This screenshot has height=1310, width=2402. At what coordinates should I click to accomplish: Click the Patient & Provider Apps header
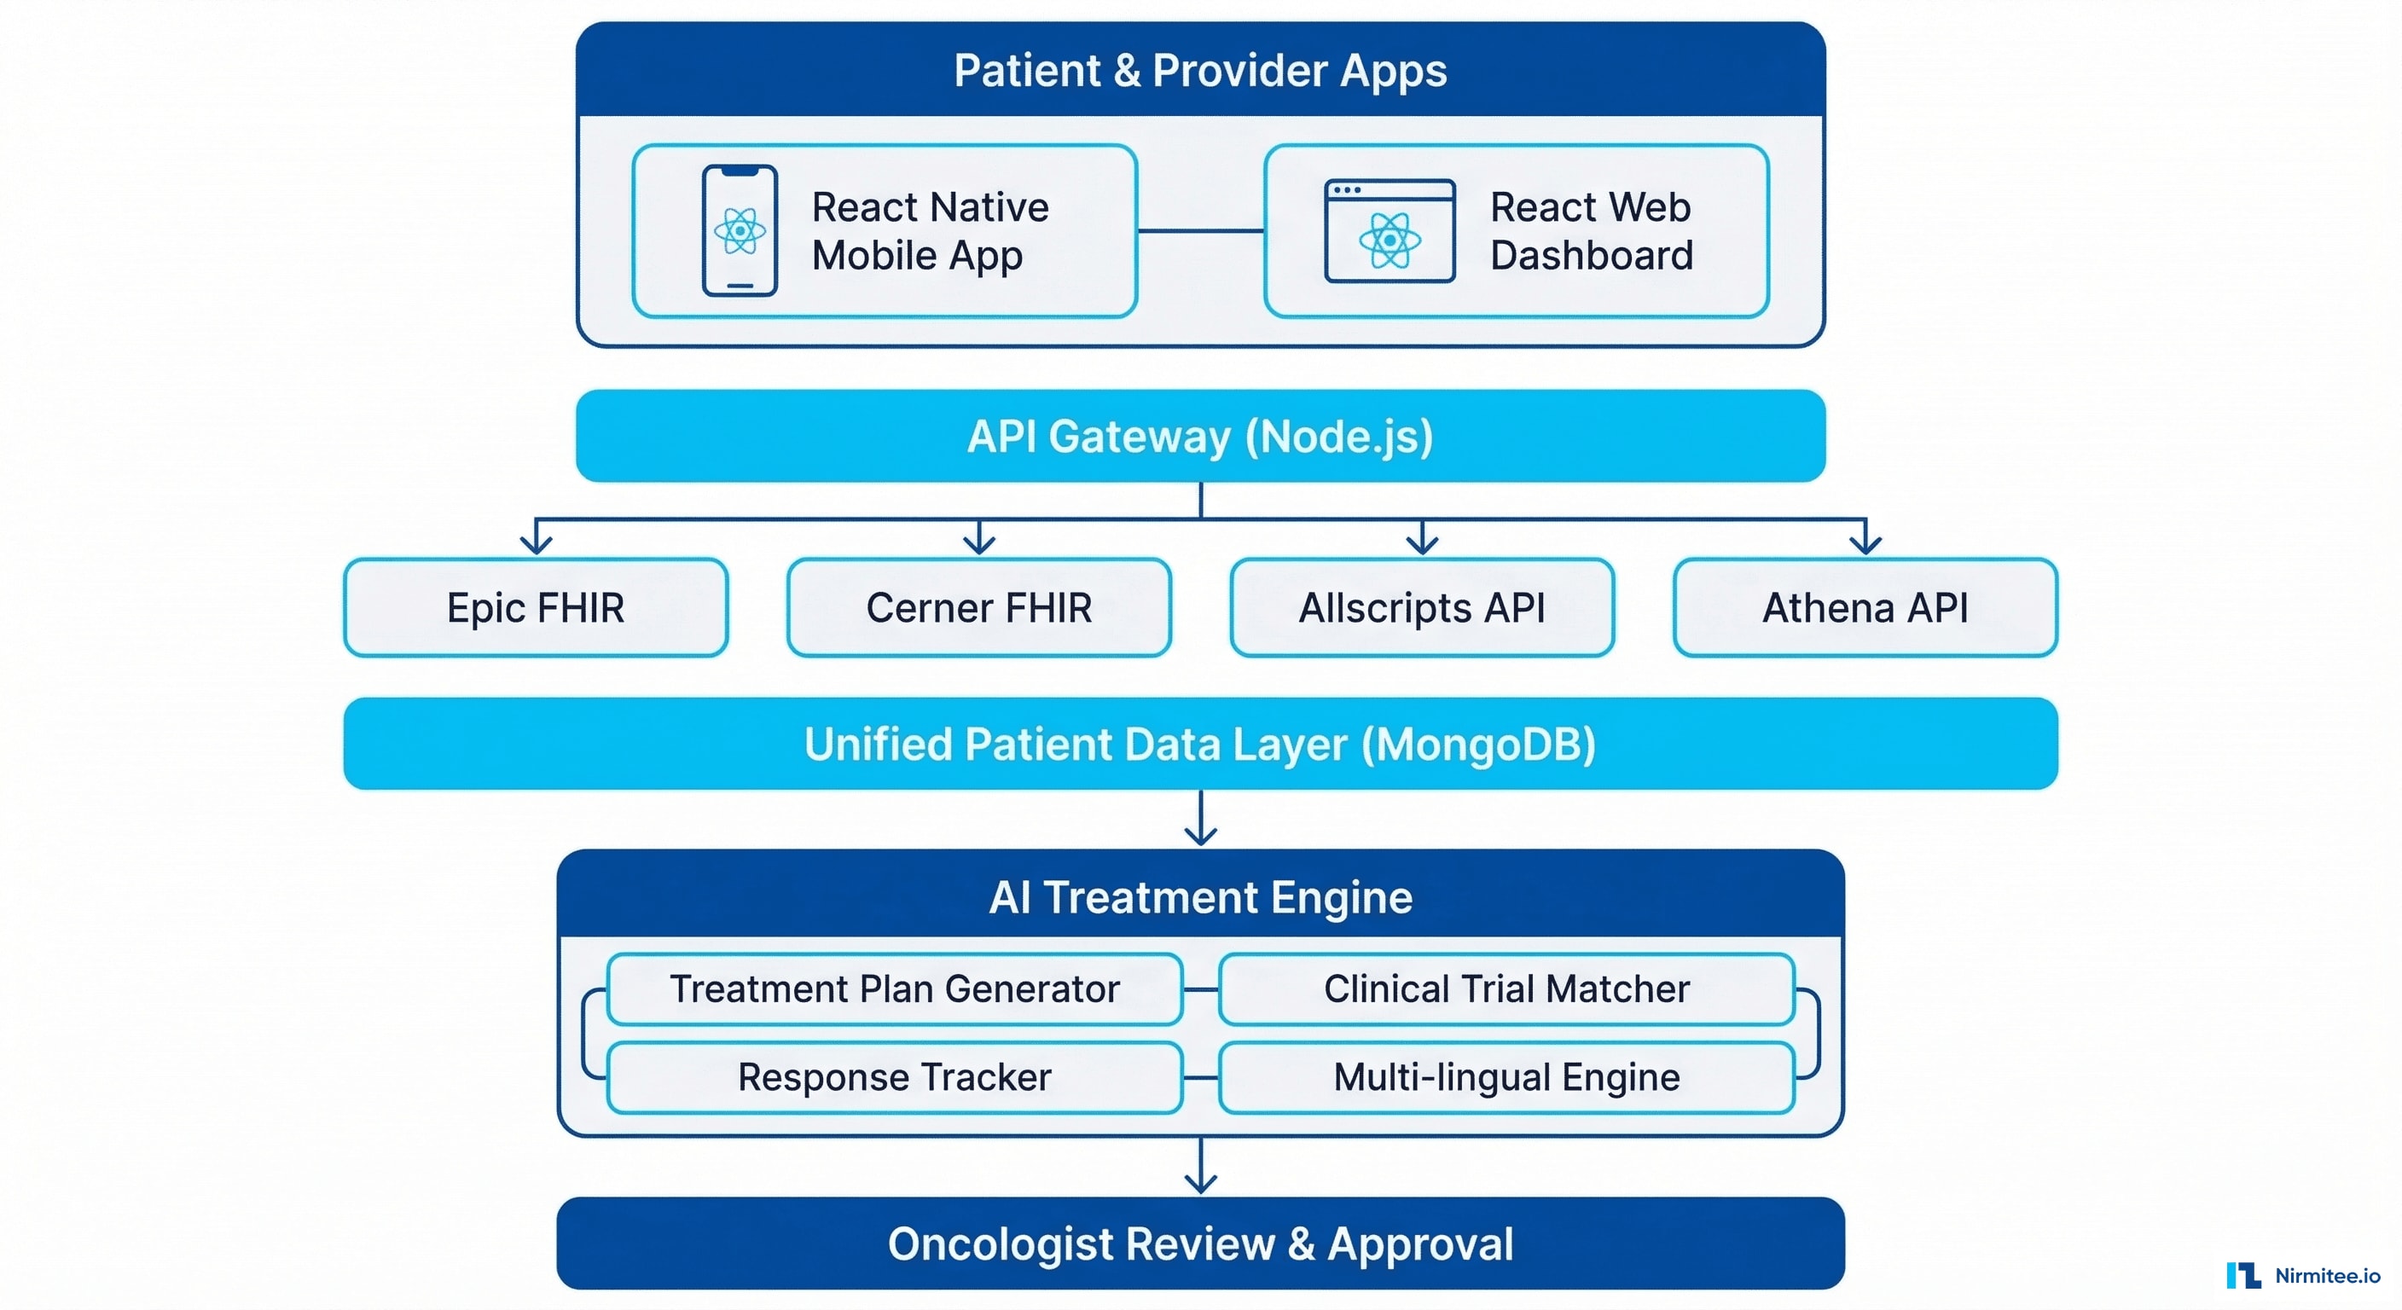click(x=1200, y=71)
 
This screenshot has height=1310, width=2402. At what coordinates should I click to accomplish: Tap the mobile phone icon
click(x=740, y=230)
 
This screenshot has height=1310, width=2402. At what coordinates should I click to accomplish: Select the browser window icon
click(x=1390, y=230)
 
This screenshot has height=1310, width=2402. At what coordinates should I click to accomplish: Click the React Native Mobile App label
click(x=930, y=230)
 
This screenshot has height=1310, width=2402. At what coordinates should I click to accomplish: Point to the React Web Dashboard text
click(x=1591, y=230)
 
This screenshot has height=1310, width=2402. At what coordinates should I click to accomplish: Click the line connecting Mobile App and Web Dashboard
click(x=1200, y=230)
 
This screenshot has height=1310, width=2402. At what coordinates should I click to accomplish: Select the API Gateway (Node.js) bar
click(x=1200, y=437)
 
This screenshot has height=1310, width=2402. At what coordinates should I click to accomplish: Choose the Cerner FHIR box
click(x=978, y=608)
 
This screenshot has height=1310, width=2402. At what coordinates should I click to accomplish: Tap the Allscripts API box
click(x=1421, y=608)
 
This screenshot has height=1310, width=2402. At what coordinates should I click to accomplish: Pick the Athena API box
click(x=1865, y=608)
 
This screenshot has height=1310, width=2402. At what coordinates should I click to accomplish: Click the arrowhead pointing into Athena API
click(x=1865, y=544)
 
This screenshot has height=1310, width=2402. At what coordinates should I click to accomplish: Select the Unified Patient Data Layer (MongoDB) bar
click(x=1200, y=744)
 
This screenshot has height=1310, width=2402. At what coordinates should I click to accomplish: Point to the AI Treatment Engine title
click(x=1200, y=897)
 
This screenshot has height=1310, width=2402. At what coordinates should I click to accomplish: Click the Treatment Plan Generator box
click(x=894, y=989)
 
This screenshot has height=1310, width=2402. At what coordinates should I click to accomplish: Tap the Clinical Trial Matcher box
click(x=1506, y=989)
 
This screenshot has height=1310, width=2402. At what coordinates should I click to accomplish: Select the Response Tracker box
click(x=894, y=1078)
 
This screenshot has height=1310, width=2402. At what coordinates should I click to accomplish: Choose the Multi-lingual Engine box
click(x=1506, y=1078)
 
